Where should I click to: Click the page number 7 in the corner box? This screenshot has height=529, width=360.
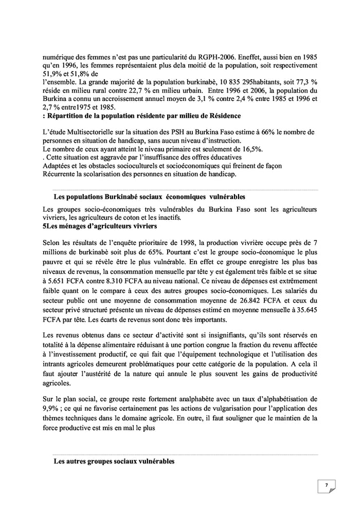point(326,485)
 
